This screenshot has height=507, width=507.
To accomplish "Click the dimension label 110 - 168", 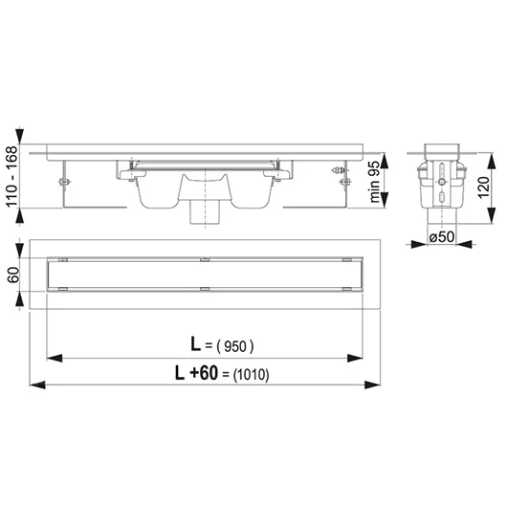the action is (x=12, y=176).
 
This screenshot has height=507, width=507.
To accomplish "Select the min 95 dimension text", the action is (x=374, y=180).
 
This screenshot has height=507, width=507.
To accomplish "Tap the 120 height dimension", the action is (x=483, y=187).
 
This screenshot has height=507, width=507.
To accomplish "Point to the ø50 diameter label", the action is (x=442, y=236).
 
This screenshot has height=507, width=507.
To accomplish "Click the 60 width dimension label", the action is (x=13, y=275).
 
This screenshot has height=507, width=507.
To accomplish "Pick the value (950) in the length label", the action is (x=235, y=347).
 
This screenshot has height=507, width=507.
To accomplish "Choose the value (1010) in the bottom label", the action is (x=251, y=375).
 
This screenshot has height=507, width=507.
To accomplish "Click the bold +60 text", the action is (x=204, y=373).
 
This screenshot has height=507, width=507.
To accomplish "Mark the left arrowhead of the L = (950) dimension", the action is (x=55, y=358).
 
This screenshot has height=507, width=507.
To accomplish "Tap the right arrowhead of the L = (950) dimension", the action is (x=355, y=358).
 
